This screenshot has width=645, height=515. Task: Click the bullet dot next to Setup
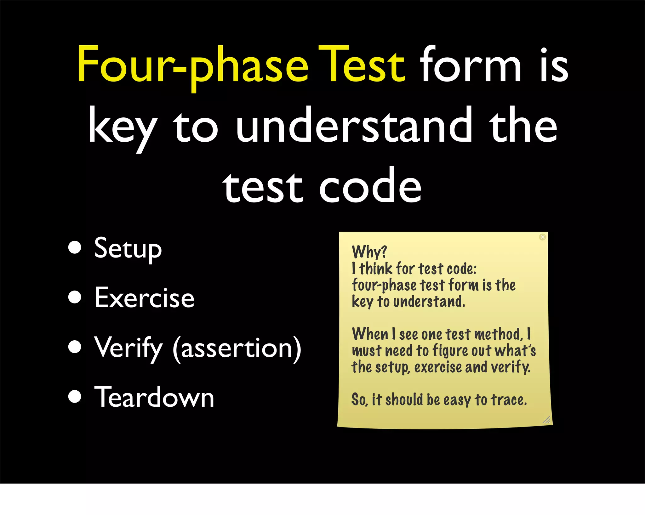pos(75,247)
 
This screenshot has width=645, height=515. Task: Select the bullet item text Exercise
pos(144,298)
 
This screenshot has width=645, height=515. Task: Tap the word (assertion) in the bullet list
pos(237,348)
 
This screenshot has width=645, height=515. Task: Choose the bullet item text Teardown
pos(154,397)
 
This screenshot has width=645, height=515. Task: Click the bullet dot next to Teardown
pos(75,396)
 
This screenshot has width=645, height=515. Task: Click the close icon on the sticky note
pos(542,237)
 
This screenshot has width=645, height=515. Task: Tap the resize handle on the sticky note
pos(546,419)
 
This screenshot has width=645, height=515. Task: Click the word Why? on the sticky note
pos(369,252)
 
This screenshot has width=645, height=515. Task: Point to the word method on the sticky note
pos(498,334)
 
